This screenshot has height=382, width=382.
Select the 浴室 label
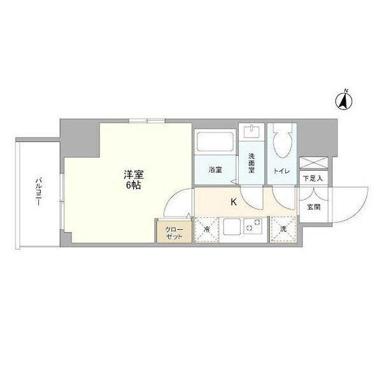click(x=216, y=170)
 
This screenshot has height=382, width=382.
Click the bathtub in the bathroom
click(x=215, y=141)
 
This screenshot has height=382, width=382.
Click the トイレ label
click(x=281, y=171)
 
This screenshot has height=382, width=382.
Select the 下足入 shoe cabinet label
click(x=312, y=178)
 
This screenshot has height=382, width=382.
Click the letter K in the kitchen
click(x=234, y=202)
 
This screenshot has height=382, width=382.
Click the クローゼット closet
click(x=174, y=232)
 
